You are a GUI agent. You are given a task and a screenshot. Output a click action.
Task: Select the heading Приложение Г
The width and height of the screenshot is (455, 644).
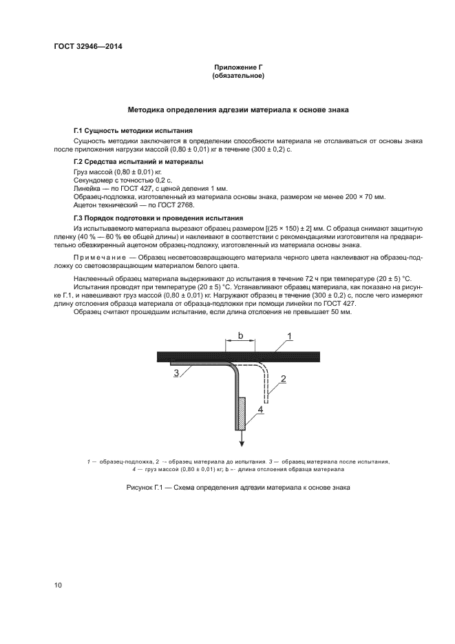pos(238,67)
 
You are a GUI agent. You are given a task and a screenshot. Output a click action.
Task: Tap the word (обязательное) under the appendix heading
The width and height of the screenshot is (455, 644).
pos(238,76)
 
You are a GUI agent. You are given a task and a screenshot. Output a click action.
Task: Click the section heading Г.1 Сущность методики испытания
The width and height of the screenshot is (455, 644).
pos(133,131)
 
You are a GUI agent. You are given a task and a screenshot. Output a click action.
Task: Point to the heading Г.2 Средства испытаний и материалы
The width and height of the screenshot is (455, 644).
pos(138,162)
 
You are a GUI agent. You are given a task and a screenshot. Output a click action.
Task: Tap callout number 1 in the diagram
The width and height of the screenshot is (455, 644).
pos(290,335)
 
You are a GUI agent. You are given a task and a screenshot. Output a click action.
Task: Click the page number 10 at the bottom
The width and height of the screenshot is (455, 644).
pos(58,585)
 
